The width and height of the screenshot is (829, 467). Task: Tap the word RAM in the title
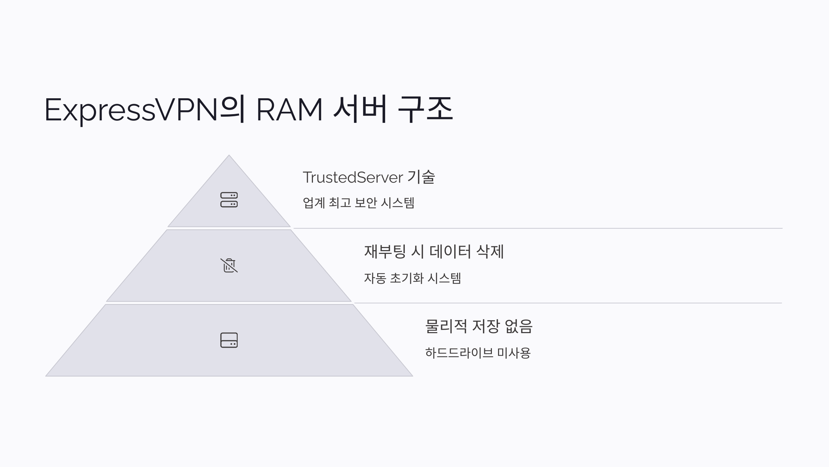[x=289, y=110]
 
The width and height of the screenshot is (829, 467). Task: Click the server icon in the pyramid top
[x=229, y=200]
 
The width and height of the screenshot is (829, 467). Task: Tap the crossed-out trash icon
[x=229, y=265]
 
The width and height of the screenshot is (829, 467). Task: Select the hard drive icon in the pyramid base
[x=229, y=340]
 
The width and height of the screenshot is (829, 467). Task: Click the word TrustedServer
[x=353, y=177]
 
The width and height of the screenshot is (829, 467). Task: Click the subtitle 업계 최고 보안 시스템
[x=358, y=203]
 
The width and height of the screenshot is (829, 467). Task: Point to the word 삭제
[x=490, y=251]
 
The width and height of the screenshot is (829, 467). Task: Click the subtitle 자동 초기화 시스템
[x=412, y=278]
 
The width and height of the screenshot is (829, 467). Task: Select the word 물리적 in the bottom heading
[x=446, y=326]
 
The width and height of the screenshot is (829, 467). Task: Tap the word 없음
[x=518, y=326]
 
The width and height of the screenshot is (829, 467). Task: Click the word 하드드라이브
[x=459, y=353]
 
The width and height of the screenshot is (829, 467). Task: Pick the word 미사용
[x=514, y=353]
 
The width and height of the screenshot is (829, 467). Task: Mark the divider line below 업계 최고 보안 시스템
[x=537, y=228]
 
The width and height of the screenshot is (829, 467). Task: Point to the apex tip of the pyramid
[x=229, y=156]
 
